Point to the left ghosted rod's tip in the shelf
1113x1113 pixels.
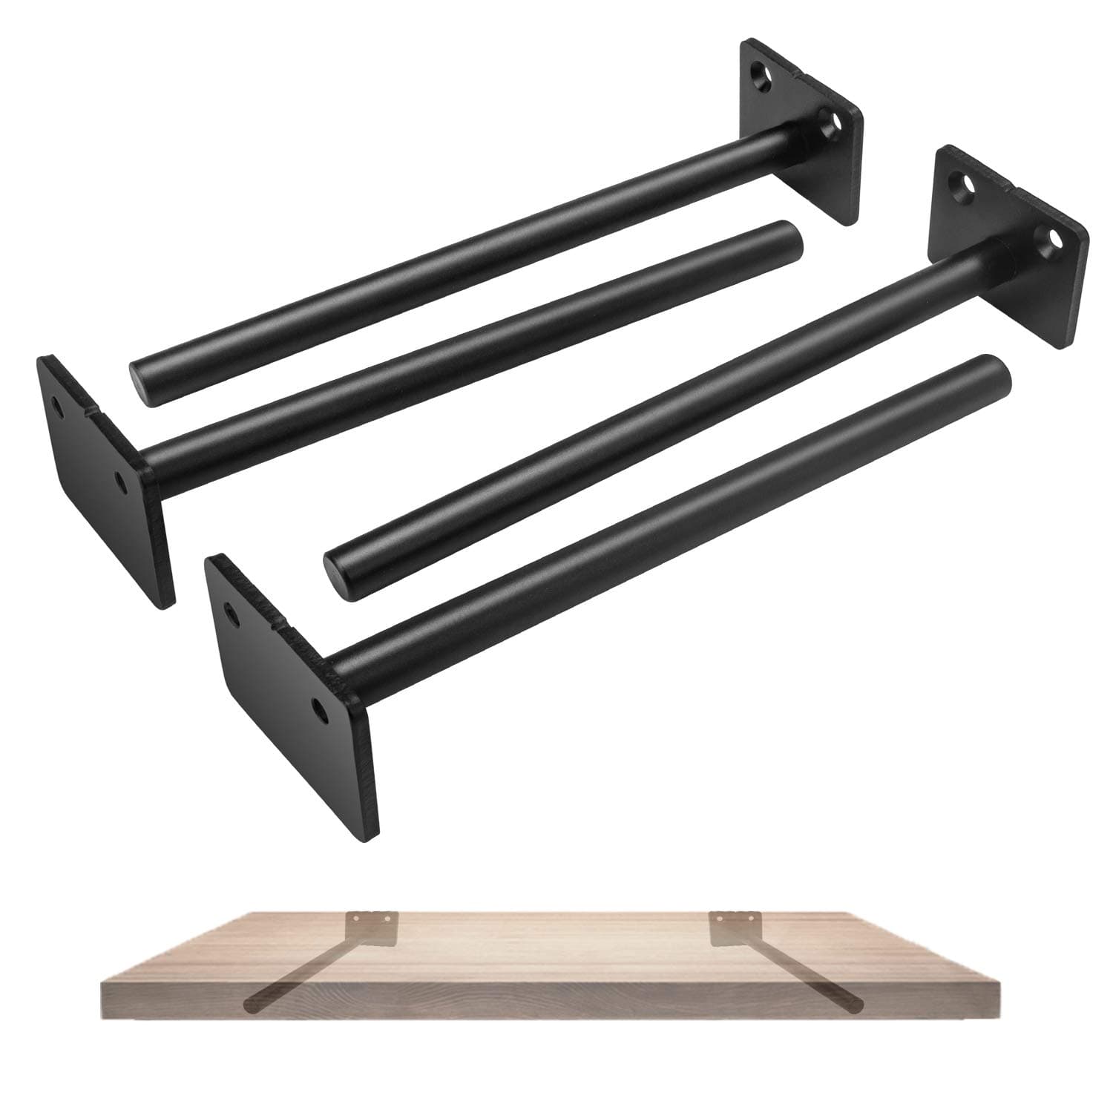click(249, 1005)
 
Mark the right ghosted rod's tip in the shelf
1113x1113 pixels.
click(859, 1006)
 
